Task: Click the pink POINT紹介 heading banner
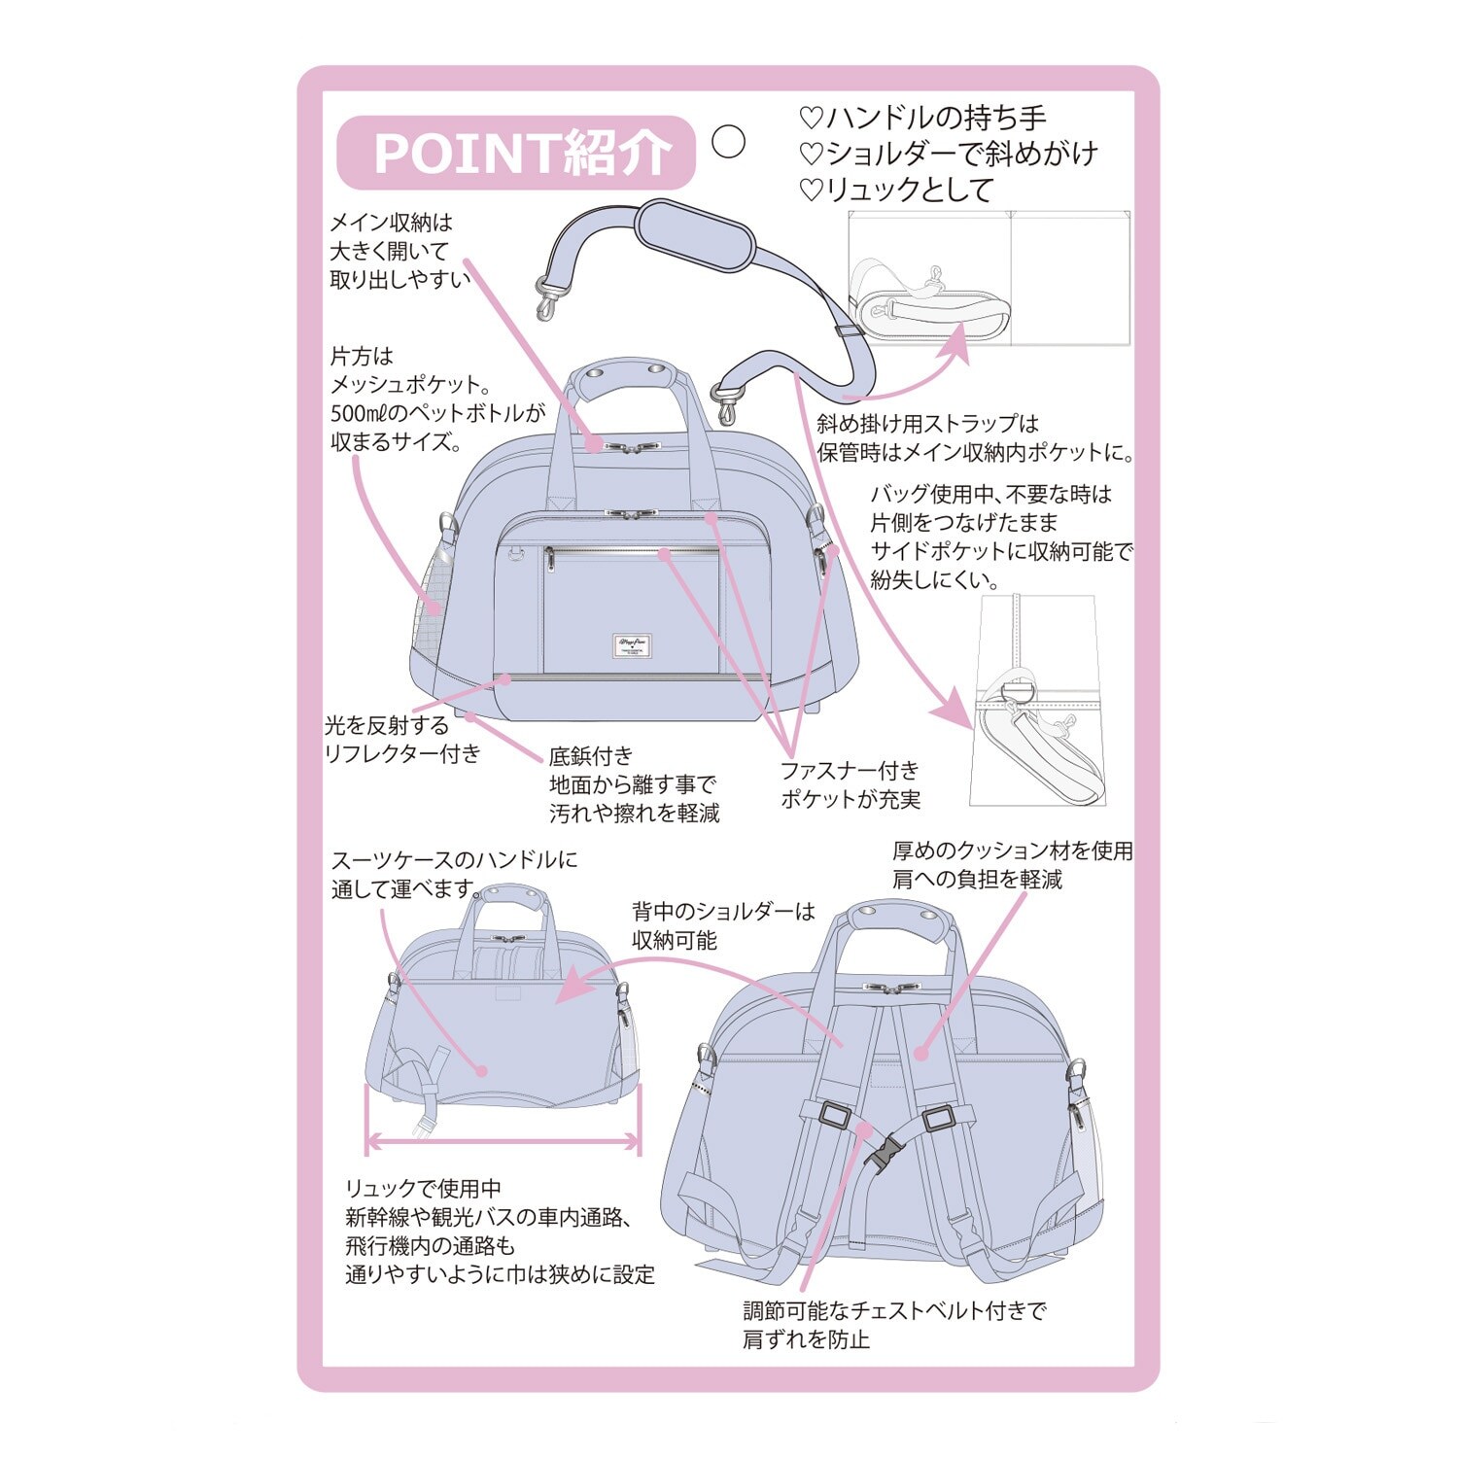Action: coord(516,153)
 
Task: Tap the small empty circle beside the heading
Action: coord(728,142)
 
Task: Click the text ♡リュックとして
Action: coord(896,190)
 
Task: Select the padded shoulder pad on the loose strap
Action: coord(695,234)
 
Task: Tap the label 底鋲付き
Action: coord(591,755)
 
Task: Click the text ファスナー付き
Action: coord(850,771)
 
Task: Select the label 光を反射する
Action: coord(387,725)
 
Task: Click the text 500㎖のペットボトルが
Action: coord(438,413)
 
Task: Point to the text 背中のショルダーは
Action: coord(723,912)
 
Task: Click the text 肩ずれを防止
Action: coord(806,1339)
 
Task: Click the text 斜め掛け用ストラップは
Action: coord(928,424)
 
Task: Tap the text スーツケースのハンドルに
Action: coord(454,860)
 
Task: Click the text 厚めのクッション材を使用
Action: coord(1013,850)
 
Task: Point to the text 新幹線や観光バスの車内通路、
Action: coord(490,1217)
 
